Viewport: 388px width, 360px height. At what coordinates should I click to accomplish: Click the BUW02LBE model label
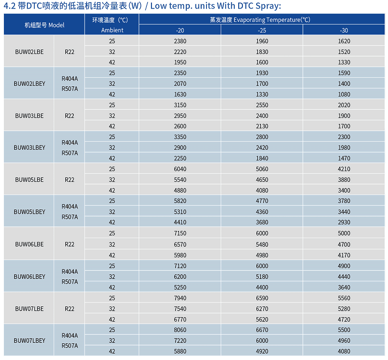(x=29, y=52)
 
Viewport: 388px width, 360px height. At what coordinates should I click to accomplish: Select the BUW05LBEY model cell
(x=30, y=212)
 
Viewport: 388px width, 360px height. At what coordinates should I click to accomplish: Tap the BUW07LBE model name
(x=29, y=309)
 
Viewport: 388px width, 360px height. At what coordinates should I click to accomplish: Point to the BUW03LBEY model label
(x=30, y=148)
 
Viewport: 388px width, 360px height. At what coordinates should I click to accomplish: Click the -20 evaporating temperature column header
(x=180, y=30)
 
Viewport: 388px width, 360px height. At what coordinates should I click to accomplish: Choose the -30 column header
(x=344, y=30)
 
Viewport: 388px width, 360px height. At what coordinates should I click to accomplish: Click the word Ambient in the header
(x=112, y=30)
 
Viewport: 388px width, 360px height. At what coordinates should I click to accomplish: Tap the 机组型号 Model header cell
(x=44, y=25)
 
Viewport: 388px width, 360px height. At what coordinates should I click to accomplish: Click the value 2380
(x=180, y=41)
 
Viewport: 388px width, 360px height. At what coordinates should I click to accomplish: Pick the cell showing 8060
(x=180, y=330)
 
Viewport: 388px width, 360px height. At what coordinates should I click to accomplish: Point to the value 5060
(x=262, y=169)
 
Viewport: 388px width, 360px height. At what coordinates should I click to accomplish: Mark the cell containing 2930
(x=344, y=222)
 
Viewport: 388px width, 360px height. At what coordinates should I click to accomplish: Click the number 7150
(x=180, y=233)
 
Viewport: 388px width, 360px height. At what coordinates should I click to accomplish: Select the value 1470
(x=344, y=158)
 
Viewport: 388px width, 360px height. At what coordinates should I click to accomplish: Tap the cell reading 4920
(x=262, y=351)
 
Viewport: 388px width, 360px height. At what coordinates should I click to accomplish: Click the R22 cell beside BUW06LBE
(x=69, y=245)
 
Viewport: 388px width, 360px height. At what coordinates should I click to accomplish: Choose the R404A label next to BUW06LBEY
(x=70, y=272)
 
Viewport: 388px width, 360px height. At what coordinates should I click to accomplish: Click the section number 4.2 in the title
(x=9, y=6)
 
